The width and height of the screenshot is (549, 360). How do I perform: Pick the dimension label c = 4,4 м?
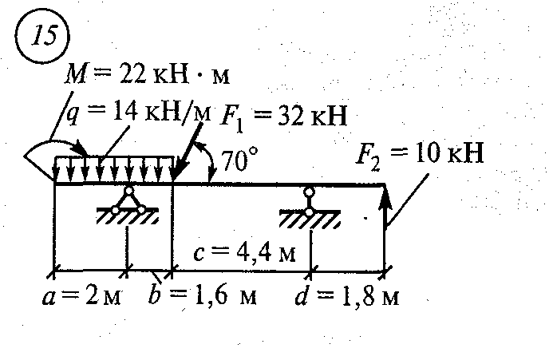click(x=245, y=254)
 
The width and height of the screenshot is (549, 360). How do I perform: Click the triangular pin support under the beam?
click(x=128, y=200)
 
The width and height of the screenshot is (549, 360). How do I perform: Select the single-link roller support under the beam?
click(x=310, y=201)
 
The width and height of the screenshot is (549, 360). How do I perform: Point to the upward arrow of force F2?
click(x=385, y=208)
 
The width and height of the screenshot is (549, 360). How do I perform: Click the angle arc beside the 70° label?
click(x=212, y=164)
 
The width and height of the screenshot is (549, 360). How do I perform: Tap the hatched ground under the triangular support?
click(x=128, y=217)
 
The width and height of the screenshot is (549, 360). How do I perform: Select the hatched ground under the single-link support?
click(x=310, y=217)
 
